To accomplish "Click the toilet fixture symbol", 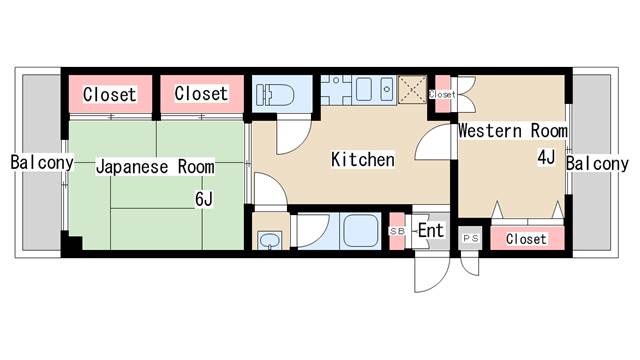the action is pyautogui.click(x=275, y=95).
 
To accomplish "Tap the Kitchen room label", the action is pyautogui.click(x=362, y=160).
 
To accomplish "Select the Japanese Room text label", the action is pyautogui.click(x=155, y=167).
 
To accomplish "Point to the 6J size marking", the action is pyautogui.click(x=204, y=199).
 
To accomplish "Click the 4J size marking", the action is pyautogui.click(x=546, y=158).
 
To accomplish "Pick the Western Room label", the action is pyautogui.click(x=513, y=131).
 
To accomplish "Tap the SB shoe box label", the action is pyautogui.click(x=397, y=231).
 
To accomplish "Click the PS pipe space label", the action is pyautogui.click(x=471, y=238).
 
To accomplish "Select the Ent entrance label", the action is pyautogui.click(x=431, y=231).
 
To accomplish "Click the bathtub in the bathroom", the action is pyautogui.click(x=360, y=231).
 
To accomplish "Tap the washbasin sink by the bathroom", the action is pyautogui.click(x=269, y=240).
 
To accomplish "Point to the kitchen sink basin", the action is pyautogui.click(x=364, y=89).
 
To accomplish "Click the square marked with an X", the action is pyautogui.click(x=412, y=89).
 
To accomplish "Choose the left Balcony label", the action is pyautogui.click(x=42, y=162).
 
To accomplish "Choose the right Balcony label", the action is pyautogui.click(x=597, y=164).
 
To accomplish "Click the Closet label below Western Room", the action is pyautogui.click(x=526, y=239).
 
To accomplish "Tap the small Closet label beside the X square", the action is pyautogui.click(x=442, y=94).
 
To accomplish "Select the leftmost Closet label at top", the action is pyautogui.click(x=109, y=94).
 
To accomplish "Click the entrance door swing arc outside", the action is pyautogui.click(x=432, y=273).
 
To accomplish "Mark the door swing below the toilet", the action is pyautogui.click(x=293, y=136).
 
